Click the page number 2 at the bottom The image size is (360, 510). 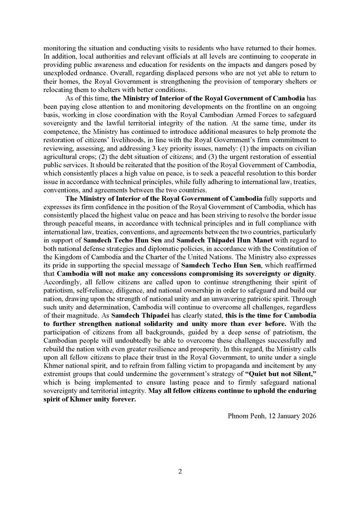tap(180, 472)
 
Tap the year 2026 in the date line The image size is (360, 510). tap(308, 416)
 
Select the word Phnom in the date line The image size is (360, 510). tap(238, 416)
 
